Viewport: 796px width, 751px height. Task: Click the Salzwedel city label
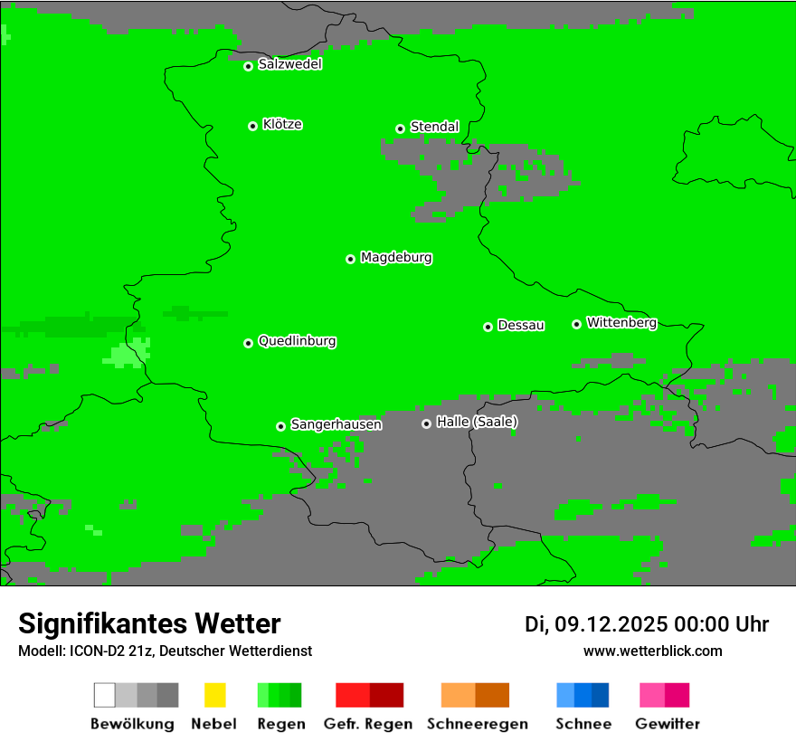[289, 64]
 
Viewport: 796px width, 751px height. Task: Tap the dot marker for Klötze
[252, 126]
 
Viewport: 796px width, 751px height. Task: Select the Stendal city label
[434, 127]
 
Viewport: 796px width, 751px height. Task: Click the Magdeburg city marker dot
[350, 259]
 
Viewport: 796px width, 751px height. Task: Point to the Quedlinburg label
[297, 341]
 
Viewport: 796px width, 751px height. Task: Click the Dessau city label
[521, 325]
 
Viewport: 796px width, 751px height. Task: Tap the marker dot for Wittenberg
[576, 324]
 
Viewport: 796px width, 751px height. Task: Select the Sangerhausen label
[336, 424]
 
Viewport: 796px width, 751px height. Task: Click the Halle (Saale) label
[477, 422]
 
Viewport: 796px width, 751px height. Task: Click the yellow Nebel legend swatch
[214, 695]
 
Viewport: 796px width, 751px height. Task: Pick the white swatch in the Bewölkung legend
[105, 695]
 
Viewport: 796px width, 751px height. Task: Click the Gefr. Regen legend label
[367, 724]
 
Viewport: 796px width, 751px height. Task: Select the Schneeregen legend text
[477, 724]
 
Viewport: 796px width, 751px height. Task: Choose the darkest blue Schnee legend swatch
[600, 695]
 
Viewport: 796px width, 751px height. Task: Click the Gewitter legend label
[668, 724]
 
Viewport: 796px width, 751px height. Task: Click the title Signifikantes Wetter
[149, 623]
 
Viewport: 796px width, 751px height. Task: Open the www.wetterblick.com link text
[652, 651]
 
